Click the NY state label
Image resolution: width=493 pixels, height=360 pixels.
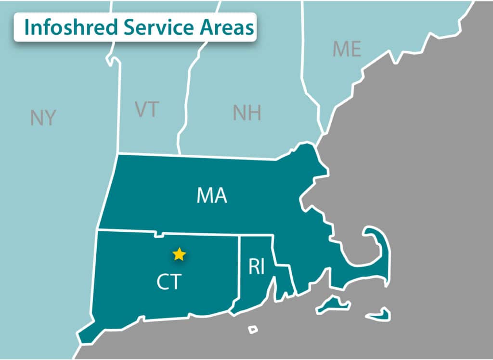tap(43, 118)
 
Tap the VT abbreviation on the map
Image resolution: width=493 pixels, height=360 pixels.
tap(146, 109)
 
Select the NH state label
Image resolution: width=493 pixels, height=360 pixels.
tap(247, 113)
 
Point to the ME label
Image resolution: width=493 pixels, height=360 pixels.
tap(347, 49)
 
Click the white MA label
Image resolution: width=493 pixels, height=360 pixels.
tap(212, 196)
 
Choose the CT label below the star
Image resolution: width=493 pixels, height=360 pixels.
tap(168, 282)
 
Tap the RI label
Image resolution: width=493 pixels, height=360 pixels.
tap(257, 267)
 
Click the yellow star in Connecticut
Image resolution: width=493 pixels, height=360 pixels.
tap(179, 254)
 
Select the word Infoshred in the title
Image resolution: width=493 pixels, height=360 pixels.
tap(65, 27)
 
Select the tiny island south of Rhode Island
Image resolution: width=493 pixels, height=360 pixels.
tap(253, 330)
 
